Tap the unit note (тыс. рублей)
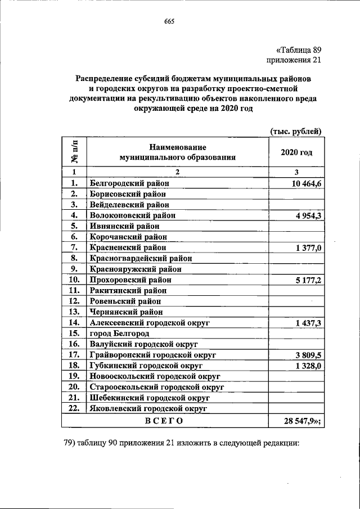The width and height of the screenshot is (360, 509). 295,131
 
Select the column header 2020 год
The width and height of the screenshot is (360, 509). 296,152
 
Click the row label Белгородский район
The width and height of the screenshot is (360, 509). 129,183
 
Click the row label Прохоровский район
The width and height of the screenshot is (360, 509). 130,280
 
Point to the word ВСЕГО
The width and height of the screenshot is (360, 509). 164,420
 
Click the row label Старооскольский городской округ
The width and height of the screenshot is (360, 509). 157,387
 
